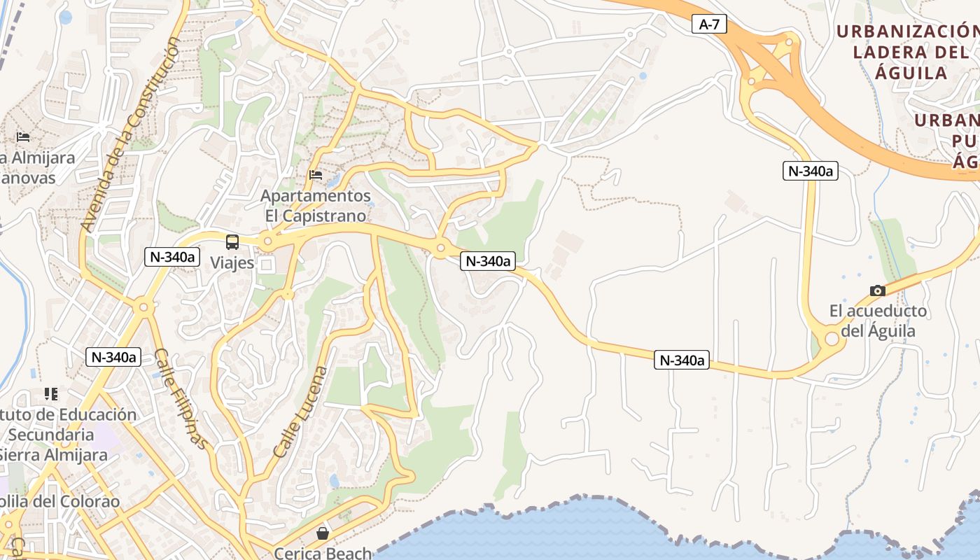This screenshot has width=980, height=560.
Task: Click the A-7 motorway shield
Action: click(x=709, y=24)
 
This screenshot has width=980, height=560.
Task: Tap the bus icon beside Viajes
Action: click(x=232, y=242)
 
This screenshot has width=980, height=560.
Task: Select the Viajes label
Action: click(x=232, y=263)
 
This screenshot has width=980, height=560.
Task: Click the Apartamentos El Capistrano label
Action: click(x=315, y=205)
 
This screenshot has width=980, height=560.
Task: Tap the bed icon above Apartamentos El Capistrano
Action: click(x=316, y=175)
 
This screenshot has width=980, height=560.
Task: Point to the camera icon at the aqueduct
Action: click(x=877, y=290)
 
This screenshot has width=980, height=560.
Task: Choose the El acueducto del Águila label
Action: click(x=878, y=321)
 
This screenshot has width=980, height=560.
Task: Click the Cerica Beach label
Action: click(x=323, y=553)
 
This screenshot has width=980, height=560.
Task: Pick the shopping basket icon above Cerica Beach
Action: click(x=323, y=534)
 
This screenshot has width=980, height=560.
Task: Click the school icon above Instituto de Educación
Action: click(x=50, y=394)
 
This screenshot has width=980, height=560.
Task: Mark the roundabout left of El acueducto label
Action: click(x=832, y=339)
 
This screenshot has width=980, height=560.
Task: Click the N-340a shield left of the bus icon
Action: click(x=171, y=257)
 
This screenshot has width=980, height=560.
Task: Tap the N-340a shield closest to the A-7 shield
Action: click(x=811, y=171)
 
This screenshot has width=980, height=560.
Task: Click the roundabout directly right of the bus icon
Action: click(x=267, y=241)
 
